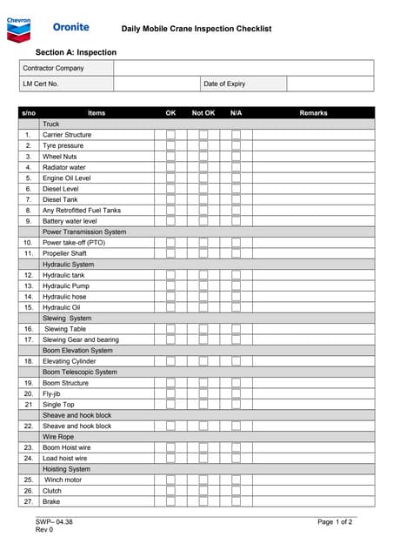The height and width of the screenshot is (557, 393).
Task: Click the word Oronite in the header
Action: tap(70, 28)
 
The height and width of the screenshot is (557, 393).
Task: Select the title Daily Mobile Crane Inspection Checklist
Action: tap(196, 29)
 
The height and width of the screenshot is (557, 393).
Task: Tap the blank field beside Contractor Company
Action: tap(243, 68)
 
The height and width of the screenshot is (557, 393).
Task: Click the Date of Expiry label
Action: tap(224, 84)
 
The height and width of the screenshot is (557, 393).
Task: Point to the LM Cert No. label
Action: tap(41, 84)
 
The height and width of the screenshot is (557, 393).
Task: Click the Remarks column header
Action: tap(313, 113)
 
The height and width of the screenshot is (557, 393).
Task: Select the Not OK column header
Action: tap(203, 113)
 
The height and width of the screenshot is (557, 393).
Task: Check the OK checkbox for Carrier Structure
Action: tap(171, 135)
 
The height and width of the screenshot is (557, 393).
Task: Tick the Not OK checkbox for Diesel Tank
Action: tap(203, 199)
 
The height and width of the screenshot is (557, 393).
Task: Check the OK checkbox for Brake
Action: tap(171, 501)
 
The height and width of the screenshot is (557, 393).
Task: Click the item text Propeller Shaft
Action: tap(65, 253)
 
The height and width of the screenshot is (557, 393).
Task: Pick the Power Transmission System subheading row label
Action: tap(84, 232)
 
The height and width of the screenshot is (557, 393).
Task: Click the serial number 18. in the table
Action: tap(28, 361)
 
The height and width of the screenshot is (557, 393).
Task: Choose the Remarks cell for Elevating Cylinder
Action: tap(313, 361)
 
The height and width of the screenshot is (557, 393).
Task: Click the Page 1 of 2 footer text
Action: tap(335, 521)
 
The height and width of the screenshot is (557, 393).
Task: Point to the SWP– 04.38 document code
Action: tap(54, 521)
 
